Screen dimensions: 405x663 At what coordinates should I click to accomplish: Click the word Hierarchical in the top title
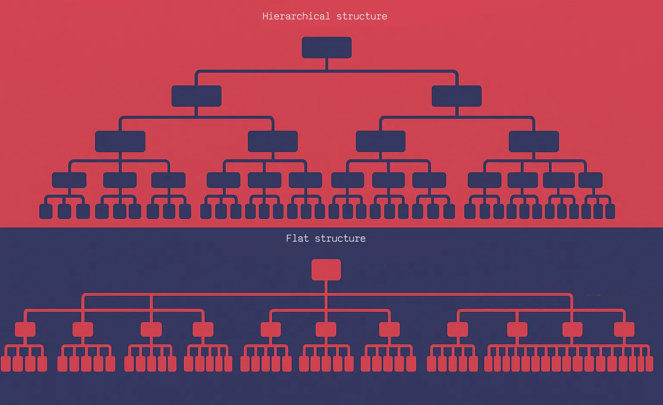pos(296,16)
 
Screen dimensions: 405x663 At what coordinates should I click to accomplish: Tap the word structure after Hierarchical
pos(362,16)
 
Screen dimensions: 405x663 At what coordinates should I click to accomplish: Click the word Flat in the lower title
pos(297,238)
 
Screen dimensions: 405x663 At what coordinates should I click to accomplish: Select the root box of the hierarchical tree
pos(327,48)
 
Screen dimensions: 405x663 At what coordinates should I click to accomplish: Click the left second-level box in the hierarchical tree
pos(196,96)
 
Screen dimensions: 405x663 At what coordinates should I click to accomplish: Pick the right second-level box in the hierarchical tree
pos(457,96)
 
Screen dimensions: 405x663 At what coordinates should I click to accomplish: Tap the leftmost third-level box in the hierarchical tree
pos(120,141)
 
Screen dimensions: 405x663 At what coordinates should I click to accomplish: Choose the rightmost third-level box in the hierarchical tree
pos(534,141)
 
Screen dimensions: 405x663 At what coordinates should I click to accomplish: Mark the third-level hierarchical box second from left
pos(273,141)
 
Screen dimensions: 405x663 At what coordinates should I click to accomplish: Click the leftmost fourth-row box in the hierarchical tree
pos(69,180)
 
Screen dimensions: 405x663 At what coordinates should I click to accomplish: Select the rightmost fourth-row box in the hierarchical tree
pos(590,180)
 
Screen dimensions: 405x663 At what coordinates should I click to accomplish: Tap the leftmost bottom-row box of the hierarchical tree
pos(46,211)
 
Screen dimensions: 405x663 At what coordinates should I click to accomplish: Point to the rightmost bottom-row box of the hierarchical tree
pos(610,211)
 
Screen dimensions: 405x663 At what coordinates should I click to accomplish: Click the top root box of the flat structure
pos(326,270)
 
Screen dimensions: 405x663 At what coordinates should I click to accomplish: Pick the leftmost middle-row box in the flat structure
pos(25,329)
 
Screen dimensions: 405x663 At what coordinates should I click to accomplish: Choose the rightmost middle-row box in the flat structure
pos(624,329)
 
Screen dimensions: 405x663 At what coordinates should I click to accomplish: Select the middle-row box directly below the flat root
pos(326,329)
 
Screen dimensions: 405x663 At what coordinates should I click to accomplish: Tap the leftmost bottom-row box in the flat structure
pos(6,364)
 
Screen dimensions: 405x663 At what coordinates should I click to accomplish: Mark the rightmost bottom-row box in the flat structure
pos(649,364)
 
